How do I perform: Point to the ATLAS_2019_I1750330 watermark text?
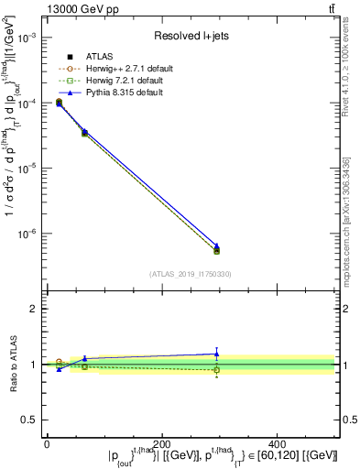[191, 273]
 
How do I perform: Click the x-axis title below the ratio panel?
[190, 455]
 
